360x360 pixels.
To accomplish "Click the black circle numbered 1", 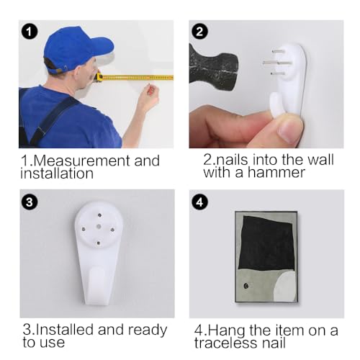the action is click(29, 32).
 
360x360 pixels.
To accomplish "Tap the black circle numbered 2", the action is click(199, 32).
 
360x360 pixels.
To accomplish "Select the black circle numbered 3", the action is click(30, 202).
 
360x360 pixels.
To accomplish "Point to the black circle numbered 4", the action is click(199, 202).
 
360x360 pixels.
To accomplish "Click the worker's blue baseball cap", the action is click(77, 48).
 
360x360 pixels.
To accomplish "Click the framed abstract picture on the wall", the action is click(266, 257).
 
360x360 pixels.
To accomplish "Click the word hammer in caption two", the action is click(276, 173).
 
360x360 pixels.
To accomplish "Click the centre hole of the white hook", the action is click(99, 227).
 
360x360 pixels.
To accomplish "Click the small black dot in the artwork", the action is click(246, 286).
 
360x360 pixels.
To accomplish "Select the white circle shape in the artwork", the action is click(285, 287).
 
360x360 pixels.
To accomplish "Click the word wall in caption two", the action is click(320, 159).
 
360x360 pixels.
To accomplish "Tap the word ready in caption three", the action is click(148, 330).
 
